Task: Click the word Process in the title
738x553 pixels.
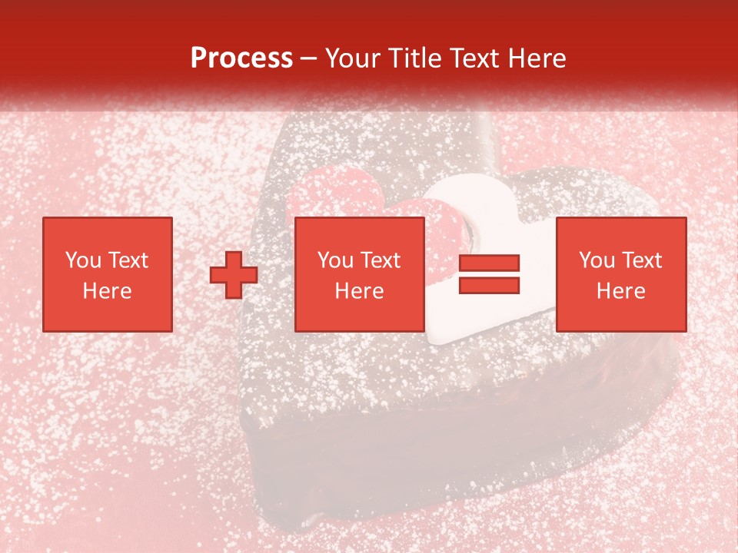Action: coord(241,58)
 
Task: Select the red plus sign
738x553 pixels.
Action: coord(234,275)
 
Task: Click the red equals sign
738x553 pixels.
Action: coord(489,274)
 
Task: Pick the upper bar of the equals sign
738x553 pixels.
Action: coord(489,263)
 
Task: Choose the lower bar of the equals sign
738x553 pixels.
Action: coord(489,285)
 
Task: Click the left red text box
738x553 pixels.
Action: coord(108,274)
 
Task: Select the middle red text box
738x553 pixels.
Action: coord(360,274)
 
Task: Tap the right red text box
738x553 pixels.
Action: coord(621,274)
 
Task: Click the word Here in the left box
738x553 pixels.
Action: coord(108,291)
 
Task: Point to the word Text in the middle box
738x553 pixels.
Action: coord(380,260)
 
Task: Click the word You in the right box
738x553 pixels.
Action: coord(597,260)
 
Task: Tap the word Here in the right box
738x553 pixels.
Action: coord(621,291)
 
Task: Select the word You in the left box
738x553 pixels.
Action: coord(84,260)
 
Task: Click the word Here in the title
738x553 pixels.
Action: coord(537,58)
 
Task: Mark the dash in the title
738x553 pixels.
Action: coord(309,59)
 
